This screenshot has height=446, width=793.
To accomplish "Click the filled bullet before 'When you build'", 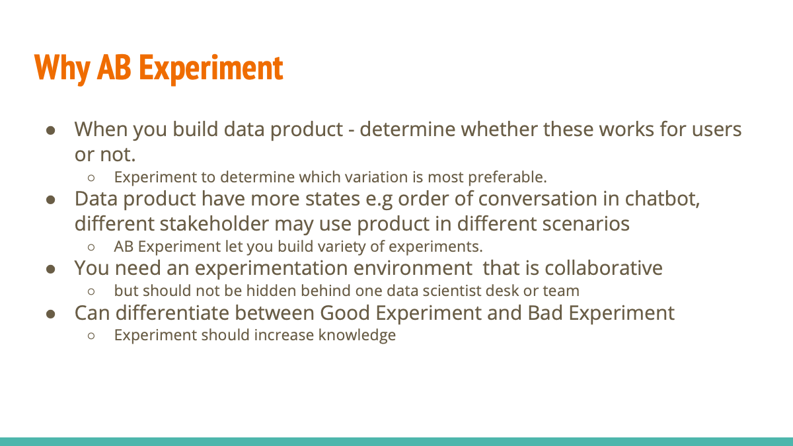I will point(50,130).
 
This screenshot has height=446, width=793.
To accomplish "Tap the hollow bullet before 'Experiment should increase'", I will point(93,336).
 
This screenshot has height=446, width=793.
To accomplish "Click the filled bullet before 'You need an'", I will point(50,269).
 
